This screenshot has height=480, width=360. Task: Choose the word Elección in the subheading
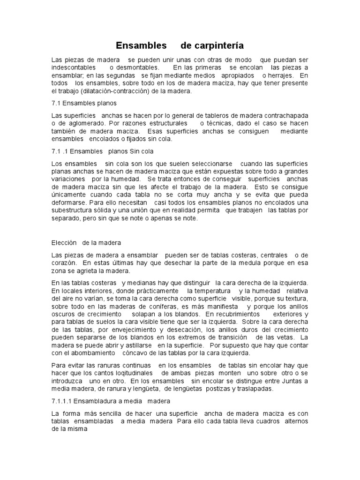[65, 243]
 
